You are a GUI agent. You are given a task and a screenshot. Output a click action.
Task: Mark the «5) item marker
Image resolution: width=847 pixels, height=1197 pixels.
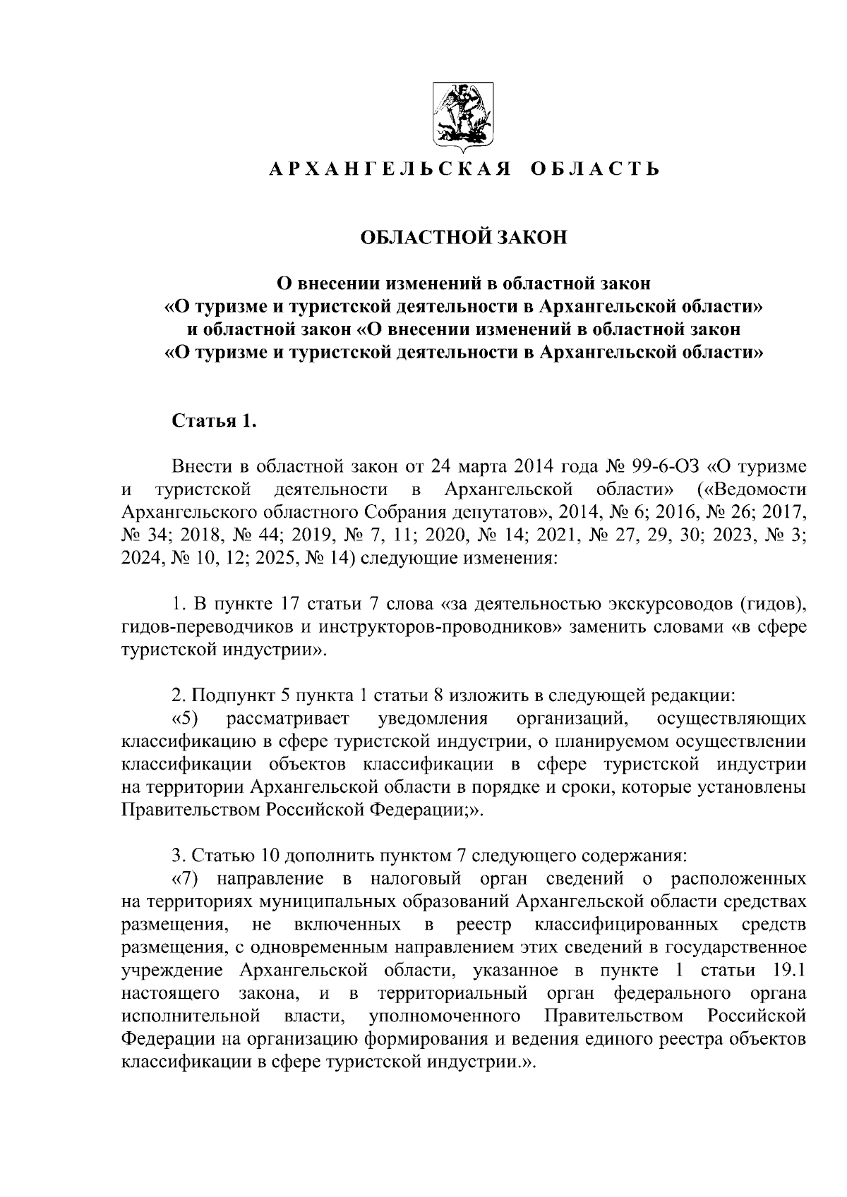pyautogui.click(x=188, y=719)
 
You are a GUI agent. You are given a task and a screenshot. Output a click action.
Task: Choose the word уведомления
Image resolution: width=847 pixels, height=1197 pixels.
pyautogui.click(x=433, y=719)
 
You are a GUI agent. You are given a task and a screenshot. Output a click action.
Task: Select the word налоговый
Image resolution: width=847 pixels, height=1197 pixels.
pyautogui.click(x=414, y=879)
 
